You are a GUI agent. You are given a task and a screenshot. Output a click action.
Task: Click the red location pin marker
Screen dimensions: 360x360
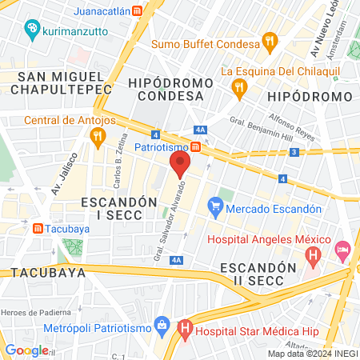pos(180,166)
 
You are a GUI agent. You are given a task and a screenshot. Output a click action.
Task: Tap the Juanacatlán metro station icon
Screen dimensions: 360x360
pos(138,12)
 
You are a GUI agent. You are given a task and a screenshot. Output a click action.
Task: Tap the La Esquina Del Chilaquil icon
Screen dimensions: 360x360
pos(238,86)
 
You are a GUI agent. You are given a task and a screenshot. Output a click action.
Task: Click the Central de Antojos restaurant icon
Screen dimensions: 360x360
pos(98,137)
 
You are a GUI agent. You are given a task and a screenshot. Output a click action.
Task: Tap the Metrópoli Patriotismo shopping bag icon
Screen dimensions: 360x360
pos(162,325)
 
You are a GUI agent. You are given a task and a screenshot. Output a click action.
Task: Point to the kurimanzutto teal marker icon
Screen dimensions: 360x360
pos(32,30)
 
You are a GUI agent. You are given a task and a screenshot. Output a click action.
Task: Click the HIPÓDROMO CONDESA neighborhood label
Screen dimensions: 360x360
pos(166,89)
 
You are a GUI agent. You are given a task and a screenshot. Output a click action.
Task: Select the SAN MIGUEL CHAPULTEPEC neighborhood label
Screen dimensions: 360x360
pos(58,82)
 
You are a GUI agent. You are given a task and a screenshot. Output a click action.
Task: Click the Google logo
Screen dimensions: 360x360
pos(26,350)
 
